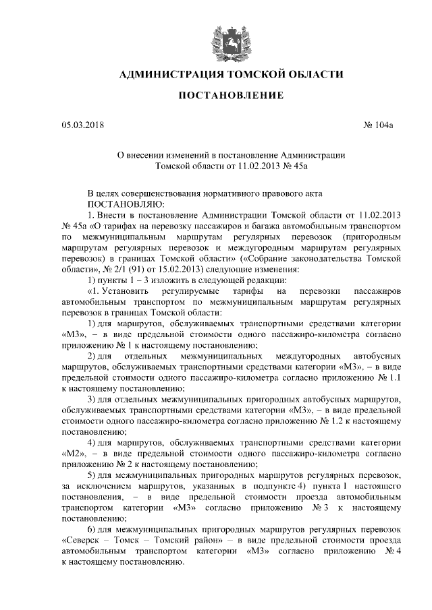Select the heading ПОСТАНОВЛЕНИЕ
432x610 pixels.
216,97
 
